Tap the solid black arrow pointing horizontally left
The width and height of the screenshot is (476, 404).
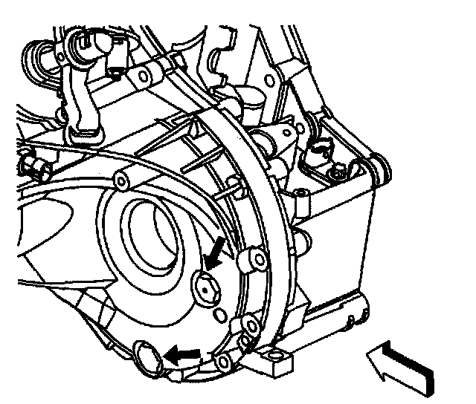(x=182, y=355)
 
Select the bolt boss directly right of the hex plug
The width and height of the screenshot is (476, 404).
(x=254, y=261)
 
